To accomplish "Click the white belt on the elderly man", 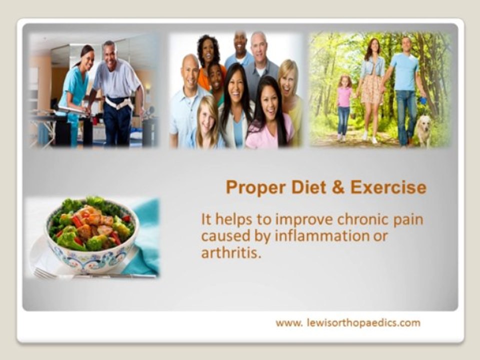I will click(x=119, y=103).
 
